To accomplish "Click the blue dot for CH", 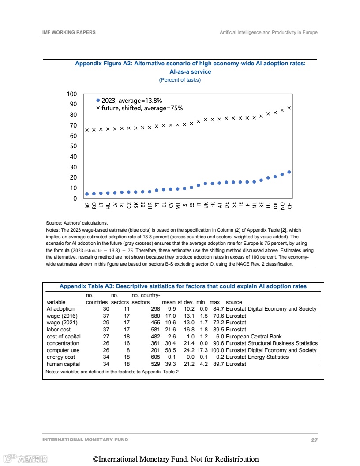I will pyautogui.click(x=289, y=172).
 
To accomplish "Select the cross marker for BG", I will pyautogui.click(x=87, y=130).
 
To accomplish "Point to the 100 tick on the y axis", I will pyautogui.click(x=71, y=94).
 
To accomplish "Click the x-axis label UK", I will pyautogui.click(x=206, y=205).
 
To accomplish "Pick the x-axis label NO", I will pyautogui.click(x=282, y=205).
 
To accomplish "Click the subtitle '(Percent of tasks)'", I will pyautogui.click(x=180, y=80).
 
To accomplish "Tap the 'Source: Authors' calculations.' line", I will pyautogui.click(x=77, y=223).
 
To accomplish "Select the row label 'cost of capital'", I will pyautogui.click(x=64, y=336).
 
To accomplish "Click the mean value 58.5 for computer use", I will pyautogui.click(x=170, y=350).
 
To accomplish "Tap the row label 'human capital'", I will pyautogui.click(x=63, y=364).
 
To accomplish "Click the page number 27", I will pyautogui.click(x=314, y=440).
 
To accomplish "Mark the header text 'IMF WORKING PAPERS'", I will pyautogui.click(x=69, y=32).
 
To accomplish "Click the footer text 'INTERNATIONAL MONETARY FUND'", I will pyautogui.click(x=85, y=440).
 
